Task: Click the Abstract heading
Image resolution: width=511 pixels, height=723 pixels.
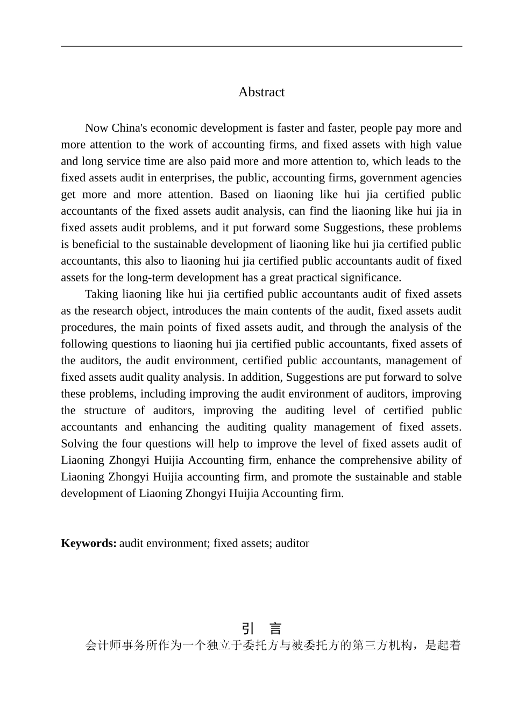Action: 261,92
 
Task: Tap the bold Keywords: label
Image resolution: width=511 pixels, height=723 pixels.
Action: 89,543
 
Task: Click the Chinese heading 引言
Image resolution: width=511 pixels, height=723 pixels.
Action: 261,628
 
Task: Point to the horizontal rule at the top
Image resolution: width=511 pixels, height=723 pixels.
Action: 261,46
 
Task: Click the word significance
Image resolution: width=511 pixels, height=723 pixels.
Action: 367,278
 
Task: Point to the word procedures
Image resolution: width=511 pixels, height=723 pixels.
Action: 88,328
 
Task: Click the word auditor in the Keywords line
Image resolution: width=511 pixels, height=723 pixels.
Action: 292,543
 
